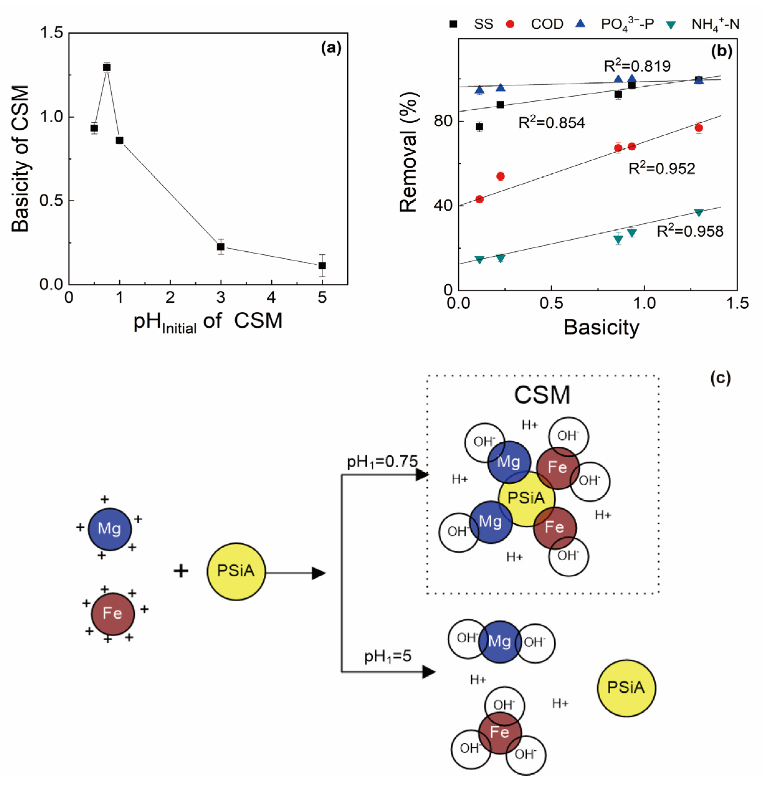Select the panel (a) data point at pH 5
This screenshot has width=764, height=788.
[x=322, y=266]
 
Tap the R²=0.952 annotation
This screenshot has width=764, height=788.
[x=661, y=168]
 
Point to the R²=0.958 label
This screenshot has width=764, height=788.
[x=690, y=231]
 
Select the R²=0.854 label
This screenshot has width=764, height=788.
[x=551, y=123]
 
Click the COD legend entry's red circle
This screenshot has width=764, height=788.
[x=510, y=24]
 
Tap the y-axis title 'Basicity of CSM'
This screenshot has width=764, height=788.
[x=20, y=159]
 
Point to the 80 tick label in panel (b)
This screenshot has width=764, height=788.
[x=444, y=120]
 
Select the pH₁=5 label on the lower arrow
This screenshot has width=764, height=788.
[x=388, y=656]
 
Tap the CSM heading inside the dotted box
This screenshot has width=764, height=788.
[x=542, y=395]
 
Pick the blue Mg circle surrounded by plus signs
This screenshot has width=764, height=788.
[x=109, y=529]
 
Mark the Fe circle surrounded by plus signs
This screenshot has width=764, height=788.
[x=113, y=613]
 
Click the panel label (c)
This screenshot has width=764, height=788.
[x=720, y=378]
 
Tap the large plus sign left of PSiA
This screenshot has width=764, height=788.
[x=181, y=571]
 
